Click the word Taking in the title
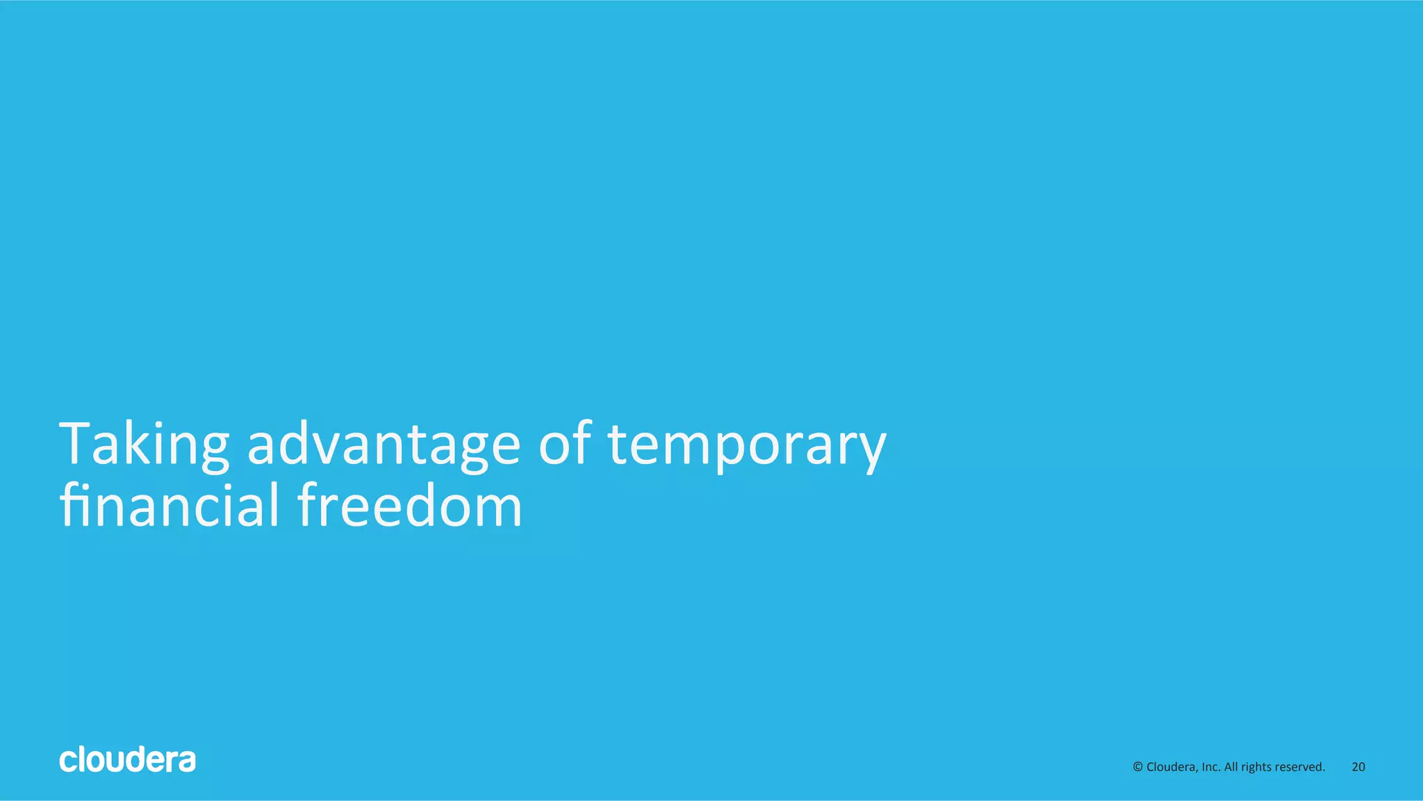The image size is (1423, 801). [145, 445]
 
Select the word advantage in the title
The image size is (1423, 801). [384, 445]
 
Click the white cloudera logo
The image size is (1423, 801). [127, 760]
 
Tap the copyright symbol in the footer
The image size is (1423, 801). [1137, 767]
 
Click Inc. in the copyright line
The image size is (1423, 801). [1211, 767]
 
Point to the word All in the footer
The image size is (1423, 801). [1231, 767]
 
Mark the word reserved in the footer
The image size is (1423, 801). [1300, 767]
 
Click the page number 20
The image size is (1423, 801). [1358, 767]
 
